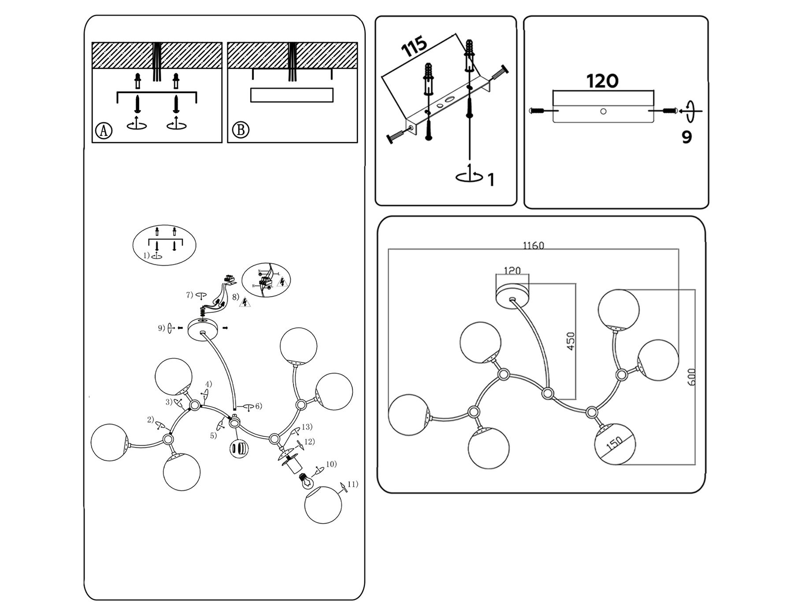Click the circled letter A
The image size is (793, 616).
pos(104,131)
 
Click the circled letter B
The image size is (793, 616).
pos(241,130)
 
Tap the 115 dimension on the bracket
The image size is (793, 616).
pos(414,46)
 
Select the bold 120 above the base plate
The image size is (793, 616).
pos(602,81)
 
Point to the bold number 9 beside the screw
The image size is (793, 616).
pos(686,137)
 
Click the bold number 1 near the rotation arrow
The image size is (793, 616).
pos(491,180)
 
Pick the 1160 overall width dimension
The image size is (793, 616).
pos(533,246)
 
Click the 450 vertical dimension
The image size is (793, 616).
pos(571,341)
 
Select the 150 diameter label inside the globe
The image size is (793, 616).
pos(614,444)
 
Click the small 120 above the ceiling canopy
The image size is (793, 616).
pos(512,271)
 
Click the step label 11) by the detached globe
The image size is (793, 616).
pos(352,484)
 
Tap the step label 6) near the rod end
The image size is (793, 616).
pos(258,406)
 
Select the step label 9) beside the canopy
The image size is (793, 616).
pos(162,328)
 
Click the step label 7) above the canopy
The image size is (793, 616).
pos(189,295)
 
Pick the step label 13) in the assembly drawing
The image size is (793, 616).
pos(307,427)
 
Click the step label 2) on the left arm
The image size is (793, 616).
pos(150,420)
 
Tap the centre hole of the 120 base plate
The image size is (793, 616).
pos(603,111)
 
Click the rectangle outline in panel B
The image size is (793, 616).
pos(292,95)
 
